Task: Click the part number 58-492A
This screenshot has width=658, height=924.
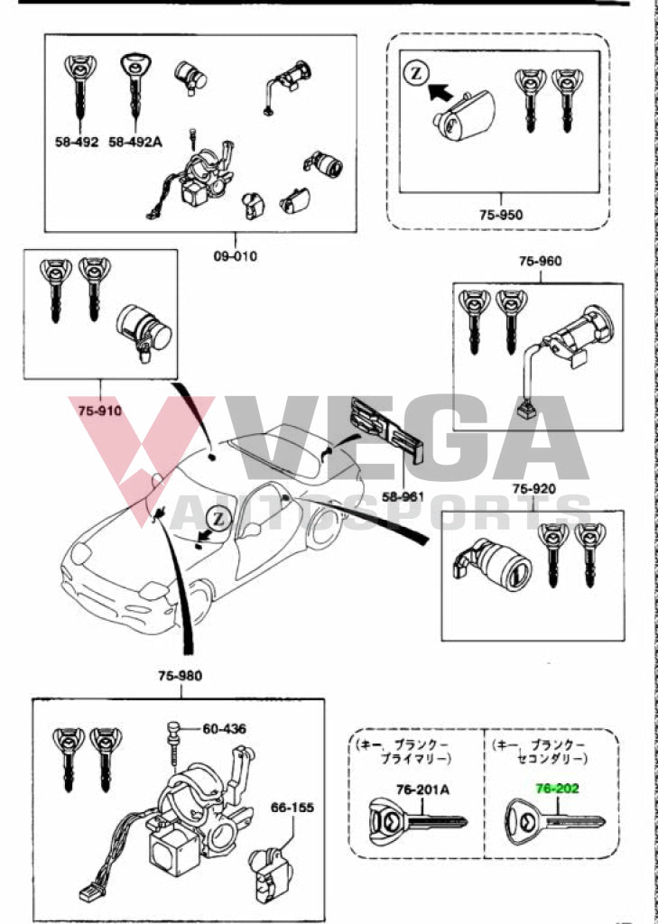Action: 135,142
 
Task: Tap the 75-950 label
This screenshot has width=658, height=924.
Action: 502,215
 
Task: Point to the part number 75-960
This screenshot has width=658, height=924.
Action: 540,262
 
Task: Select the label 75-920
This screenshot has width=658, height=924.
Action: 533,489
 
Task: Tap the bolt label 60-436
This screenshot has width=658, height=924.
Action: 223,728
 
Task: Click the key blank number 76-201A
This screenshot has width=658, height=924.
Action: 422,790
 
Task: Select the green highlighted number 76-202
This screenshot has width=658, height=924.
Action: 557,788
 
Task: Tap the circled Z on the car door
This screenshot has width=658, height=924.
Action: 218,518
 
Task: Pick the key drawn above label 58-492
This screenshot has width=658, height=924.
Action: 79,86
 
